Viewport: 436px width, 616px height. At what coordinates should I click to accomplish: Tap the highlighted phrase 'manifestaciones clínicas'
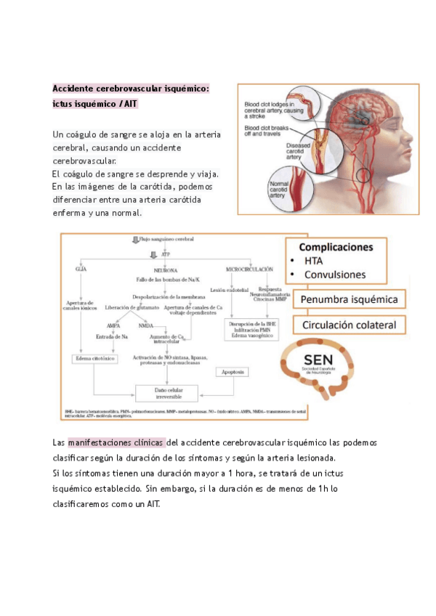[x=116, y=442]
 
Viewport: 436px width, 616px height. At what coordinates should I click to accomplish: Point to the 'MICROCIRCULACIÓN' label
[x=249, y=269]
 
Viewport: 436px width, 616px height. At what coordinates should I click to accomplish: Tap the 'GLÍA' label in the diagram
[x=81, y=269]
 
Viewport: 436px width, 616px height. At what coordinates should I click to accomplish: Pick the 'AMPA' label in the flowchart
[x=113, y=325]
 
